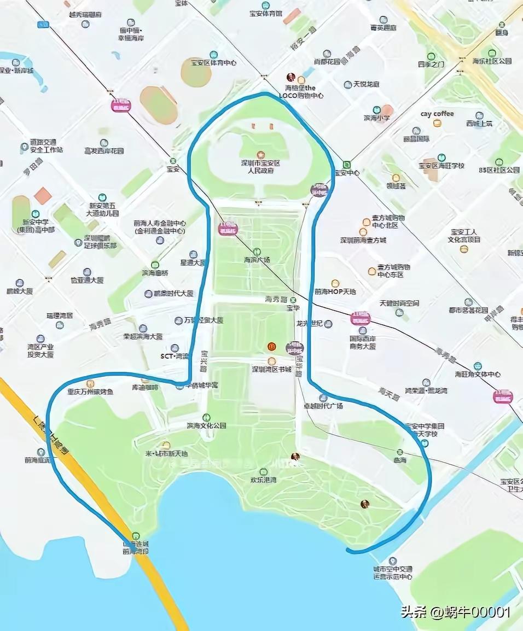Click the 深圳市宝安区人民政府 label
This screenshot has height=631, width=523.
260,167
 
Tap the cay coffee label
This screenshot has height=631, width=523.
437,114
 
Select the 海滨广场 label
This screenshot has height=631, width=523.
257,260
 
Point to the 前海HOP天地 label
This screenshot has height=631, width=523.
335,291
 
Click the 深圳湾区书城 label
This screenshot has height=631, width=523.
271,369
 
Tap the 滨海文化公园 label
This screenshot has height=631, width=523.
206,425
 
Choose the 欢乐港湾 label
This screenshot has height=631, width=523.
263,480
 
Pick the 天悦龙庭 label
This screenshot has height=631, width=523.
366,84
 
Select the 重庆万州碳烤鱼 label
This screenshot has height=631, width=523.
90,392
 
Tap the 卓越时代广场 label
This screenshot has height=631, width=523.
323,406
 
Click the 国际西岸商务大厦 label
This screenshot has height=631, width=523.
363,342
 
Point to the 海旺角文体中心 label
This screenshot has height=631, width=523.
478,374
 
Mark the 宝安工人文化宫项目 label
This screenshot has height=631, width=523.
464,236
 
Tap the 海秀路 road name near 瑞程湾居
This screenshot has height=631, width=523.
100,324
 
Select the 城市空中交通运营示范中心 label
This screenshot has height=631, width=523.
392,572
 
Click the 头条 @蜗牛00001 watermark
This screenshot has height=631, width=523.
455,612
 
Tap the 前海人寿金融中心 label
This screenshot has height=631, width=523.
160,227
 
